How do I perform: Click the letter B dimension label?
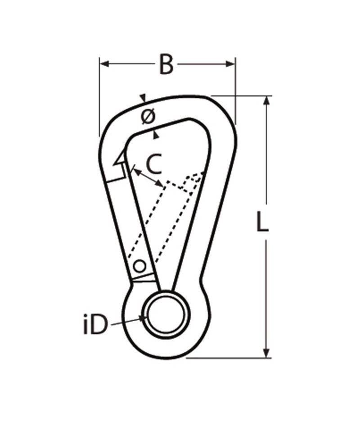(x=166, y=64)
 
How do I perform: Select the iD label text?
(x=95, y=326)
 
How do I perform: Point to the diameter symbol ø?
(x=148, y=116)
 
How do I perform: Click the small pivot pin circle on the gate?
(x=140, y=266)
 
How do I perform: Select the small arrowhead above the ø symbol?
(x=143, y=98)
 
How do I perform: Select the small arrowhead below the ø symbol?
(x=156, y=133)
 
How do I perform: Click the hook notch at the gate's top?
(x=119, y=159)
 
